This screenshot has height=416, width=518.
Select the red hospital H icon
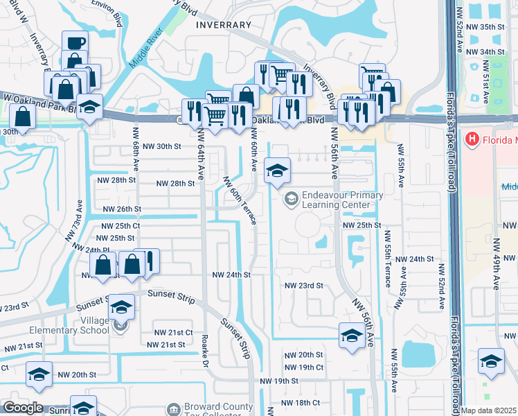[473, 139]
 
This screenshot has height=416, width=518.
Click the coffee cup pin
[75, 43]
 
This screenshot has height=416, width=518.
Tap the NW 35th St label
[486, 26]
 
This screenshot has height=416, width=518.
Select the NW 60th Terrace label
[240, 200]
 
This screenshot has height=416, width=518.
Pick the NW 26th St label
[122, 209]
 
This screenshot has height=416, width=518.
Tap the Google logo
[22, 408]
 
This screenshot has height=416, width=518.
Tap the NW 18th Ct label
[300, 402]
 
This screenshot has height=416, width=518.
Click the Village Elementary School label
[76, 326]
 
